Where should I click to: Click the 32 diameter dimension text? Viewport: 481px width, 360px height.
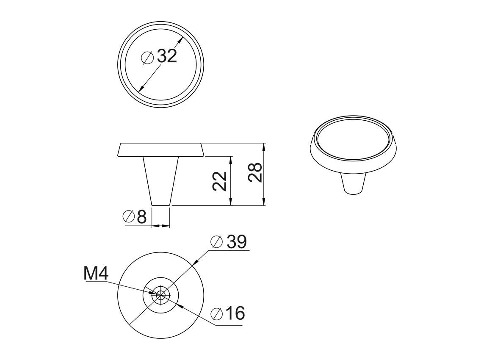click(x=166, y=56)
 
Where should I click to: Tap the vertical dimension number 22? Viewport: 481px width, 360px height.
click(x=220, y=181)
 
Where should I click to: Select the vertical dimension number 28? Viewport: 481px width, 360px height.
click(x=255, y=172)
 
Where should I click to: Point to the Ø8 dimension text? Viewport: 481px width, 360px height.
click(x=134, y=217)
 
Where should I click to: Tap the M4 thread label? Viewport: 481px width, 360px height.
click(x=96, y=274)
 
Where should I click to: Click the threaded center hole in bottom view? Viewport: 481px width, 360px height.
click(x=160, y=294)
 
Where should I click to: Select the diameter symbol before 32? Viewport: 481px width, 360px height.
click(x=147, y=57)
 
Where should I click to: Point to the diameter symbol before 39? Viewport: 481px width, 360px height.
click(x=216, y=242)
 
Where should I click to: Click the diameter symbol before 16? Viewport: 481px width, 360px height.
click(x=216, y=314)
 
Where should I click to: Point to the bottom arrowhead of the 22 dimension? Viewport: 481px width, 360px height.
click(x=231, y=202)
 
